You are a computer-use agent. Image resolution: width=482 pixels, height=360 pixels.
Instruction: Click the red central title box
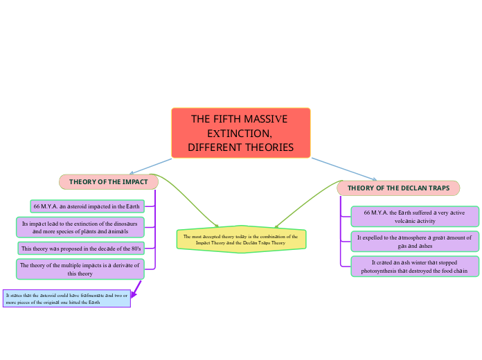click(x=240, y=133)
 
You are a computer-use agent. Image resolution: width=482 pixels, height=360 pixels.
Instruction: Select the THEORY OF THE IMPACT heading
click(x=109, y=182)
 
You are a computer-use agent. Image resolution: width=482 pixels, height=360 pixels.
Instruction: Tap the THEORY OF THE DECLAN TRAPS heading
click(x=398, y=188)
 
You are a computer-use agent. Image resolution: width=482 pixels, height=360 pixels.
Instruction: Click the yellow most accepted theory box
click(x=241, y=240)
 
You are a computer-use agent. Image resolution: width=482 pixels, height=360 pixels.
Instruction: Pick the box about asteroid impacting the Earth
click(x=87, y=206)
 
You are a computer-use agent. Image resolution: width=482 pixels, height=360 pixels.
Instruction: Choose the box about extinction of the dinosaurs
click(x=80, y=227)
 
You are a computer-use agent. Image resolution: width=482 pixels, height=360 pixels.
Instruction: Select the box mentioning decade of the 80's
click(x=80, y=249)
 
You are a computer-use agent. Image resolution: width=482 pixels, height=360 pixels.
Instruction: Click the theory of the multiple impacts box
click(x=80, y=269)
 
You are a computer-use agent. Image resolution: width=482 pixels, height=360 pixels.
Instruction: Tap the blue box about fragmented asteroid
click(x=66, y=298)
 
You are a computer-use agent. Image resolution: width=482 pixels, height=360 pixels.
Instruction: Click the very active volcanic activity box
click(x=414, y=217)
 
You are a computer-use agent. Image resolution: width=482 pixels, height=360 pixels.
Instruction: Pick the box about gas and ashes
click(x=414, y=241)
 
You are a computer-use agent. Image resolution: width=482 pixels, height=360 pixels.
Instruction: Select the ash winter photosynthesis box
click(x=414, y=267)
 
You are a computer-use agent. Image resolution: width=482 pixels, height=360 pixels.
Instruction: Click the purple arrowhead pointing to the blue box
click(x=134, y=294)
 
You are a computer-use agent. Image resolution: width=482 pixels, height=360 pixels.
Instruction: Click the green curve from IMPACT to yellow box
click(x=190, y=205)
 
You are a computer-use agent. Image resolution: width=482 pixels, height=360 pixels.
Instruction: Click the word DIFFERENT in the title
click(x=215, y=147)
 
